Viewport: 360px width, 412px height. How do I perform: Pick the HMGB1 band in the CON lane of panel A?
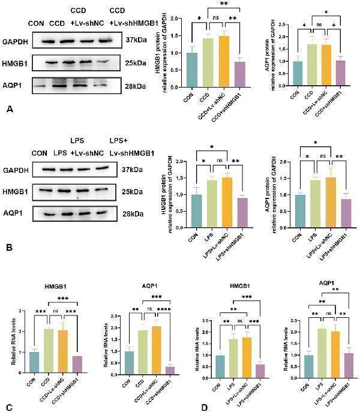pos(38,63)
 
